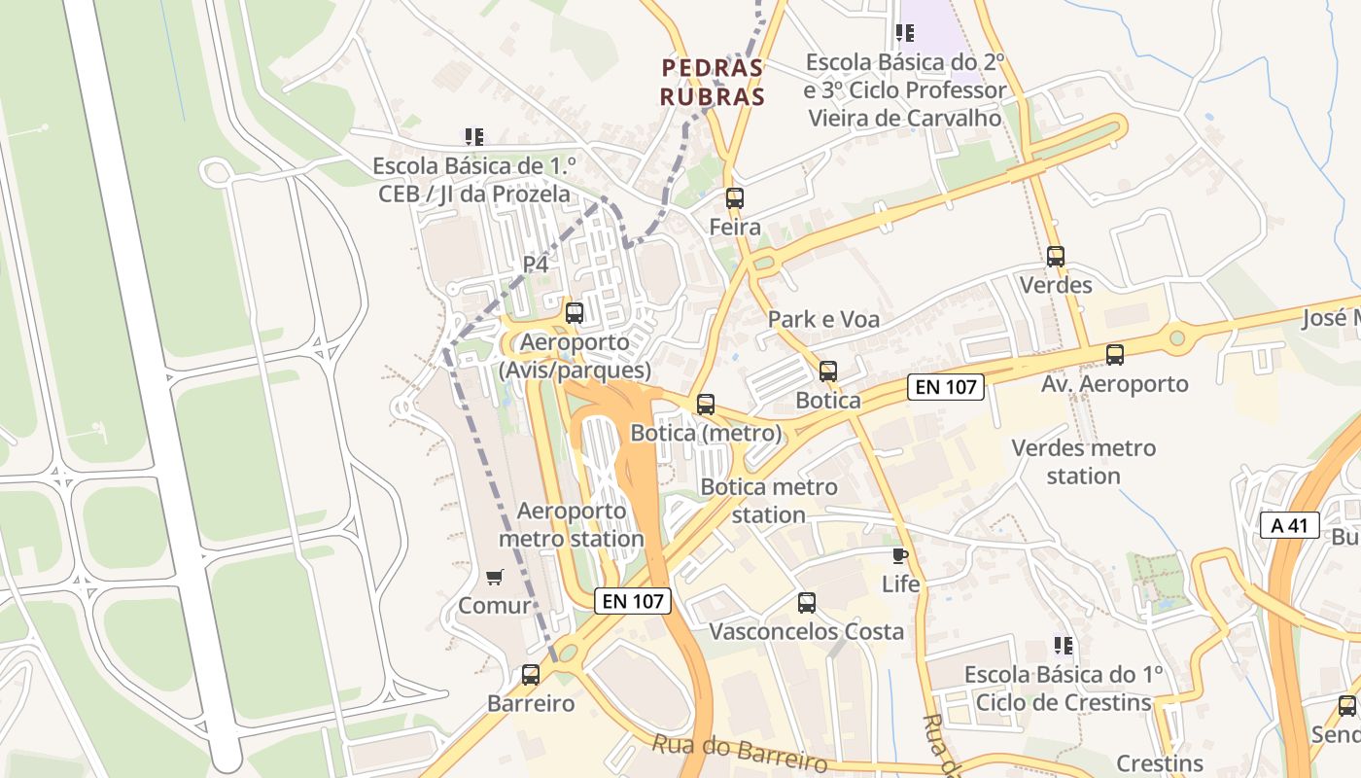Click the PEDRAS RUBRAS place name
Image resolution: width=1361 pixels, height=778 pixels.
click(x=713, y=83)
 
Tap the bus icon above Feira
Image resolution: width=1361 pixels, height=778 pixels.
click(x=735, y=198)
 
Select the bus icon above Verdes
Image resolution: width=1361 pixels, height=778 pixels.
click(x=1056, y=257)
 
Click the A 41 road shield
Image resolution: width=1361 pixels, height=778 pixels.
click(x=1289, y=526)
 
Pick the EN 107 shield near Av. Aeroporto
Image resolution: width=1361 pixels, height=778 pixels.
click(x=946, y=387)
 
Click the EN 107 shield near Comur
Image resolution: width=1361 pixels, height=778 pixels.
click(x=633, y=601)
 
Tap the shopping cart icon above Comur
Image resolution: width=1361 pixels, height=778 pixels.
click(x=494, y=577)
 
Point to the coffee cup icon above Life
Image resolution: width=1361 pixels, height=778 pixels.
click(x=900, y=555)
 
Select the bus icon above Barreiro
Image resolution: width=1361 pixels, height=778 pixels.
click(x=531, y=674)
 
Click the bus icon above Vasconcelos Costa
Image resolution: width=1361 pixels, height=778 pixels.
click(x=807, y=602)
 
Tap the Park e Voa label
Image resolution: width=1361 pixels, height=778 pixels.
click(x=823, y=319)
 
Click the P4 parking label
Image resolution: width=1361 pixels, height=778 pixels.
click(x=536, y=264)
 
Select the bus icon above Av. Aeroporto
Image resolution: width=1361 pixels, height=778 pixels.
click(x=1115, y=355)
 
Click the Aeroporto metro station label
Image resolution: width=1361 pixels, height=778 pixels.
click(x=572, y=524)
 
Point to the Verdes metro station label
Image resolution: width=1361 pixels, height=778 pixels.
click(x=1083, y=462)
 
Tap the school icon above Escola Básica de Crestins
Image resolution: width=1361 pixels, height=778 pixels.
click(x=1064, y=645)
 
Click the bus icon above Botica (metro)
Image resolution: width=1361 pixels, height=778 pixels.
click(x=706, y=404)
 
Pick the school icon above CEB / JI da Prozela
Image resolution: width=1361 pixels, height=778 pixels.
click(x=473, y=137)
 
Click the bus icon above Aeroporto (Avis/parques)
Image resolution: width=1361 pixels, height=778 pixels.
click(x=575, y=313)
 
